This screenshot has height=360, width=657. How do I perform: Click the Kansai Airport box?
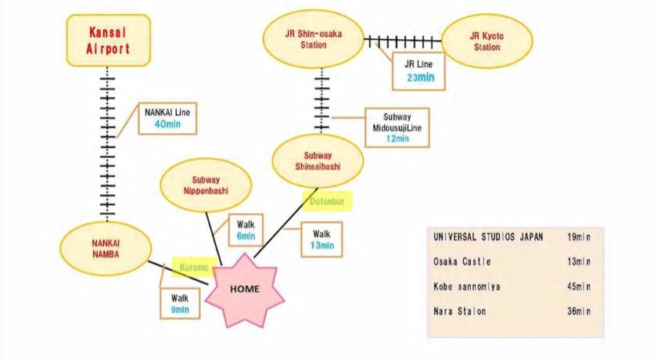(x=109, y=40)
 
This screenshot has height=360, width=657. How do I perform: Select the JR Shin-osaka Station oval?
(x=314, y=39)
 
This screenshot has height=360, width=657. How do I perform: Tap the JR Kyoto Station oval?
(x=486, y=41)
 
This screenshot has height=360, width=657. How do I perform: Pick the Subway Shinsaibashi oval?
(x=318, y=161)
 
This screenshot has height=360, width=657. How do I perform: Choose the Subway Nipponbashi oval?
(x=206, y=185)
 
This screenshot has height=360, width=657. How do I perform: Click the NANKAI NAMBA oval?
(x=106, y=249)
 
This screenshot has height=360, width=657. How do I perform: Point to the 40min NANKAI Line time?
(x=167, y=124)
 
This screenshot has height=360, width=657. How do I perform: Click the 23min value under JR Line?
(x=421, y=77)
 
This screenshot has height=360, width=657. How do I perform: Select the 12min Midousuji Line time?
(x=397, y=139)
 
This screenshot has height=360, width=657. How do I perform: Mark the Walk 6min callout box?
(x=246, y=231)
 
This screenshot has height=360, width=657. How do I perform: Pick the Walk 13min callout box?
(x=321, y=239)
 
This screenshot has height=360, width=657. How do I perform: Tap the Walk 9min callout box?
(x=180, y=304)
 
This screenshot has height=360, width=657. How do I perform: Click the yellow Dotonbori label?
(x=327, y=202)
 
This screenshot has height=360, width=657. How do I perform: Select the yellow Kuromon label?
(x=194, y=268)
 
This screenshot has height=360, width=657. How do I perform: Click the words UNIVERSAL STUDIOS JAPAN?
(x=488, y=237)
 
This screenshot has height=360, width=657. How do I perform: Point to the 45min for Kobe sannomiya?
(x=579, y=286)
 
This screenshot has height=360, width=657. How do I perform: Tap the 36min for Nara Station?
(x=579, y=311)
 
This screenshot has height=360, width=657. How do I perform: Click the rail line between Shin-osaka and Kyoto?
(x=403, y=41)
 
